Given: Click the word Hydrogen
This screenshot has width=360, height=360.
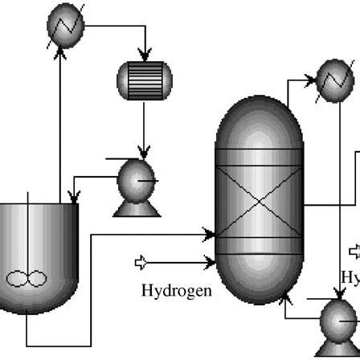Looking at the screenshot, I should point(176,290).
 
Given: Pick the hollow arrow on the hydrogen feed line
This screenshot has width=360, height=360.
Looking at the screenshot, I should point(142,261).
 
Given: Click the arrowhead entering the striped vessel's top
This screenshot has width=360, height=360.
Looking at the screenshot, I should point(145,57).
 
